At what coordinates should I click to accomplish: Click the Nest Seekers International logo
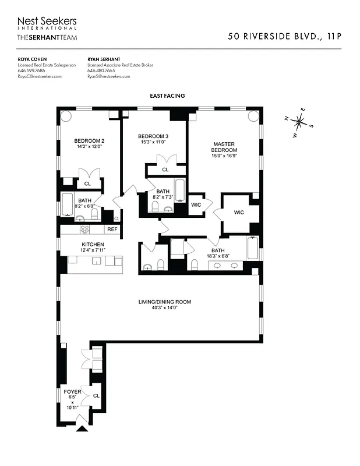(x=47, y=23)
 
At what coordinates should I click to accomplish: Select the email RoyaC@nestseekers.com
(x=40, y=76)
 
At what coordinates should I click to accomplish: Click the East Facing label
(x=167, y=96)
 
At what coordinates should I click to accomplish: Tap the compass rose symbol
(x=299, y=122)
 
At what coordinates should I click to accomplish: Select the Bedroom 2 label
(x=89, y=140)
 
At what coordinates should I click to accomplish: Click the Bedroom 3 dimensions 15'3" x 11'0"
(x=153, y=142)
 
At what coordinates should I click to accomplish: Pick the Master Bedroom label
(x=224, y=147)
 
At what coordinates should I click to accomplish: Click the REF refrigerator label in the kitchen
(x=112, y=230)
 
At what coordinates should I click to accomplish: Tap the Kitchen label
(x=93, y=244)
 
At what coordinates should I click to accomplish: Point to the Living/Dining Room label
(x=164, y=302)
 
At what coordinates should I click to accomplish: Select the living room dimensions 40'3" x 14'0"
(x=164, y=308)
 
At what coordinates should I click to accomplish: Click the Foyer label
(x=73, y=391)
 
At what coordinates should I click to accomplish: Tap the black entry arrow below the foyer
(x=82, y=429)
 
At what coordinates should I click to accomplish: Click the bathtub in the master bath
(x=252, y=249)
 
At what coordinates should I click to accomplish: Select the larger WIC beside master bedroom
(x=238, y=213)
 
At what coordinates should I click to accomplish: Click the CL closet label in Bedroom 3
(x=165, y=170)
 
